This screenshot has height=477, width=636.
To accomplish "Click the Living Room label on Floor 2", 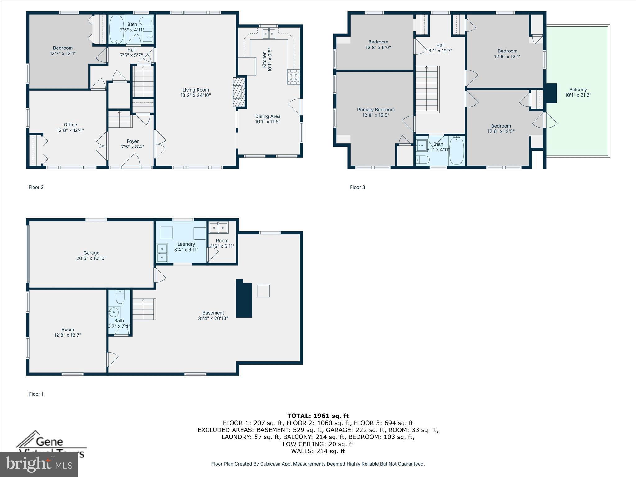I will (195, 90).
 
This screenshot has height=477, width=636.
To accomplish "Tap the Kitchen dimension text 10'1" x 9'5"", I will (270, 60).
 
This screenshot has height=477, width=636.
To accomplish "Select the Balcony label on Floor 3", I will (578, 89).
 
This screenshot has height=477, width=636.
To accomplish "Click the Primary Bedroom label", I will (376, 110).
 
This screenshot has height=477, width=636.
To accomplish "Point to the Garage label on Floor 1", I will (91, 253).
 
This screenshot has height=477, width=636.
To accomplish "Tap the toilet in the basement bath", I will (120, 297).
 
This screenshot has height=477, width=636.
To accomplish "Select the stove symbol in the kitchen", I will (293, 77).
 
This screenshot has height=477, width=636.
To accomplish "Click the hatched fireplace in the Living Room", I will (239, 92).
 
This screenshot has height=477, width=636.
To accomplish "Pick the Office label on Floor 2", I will (70, 125).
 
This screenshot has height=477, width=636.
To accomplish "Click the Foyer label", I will (133, 141).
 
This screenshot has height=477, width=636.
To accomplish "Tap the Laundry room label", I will (186, 244).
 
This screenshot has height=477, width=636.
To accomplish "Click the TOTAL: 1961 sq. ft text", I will (318, 416).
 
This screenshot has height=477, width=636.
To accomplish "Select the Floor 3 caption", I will (357, 187).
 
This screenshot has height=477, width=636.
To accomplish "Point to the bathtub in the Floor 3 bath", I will (457, 150).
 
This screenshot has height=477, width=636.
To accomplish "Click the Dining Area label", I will (268, 116).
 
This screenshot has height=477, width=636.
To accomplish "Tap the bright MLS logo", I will (39, 464).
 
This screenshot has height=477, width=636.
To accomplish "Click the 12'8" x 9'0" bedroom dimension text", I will (378, 48).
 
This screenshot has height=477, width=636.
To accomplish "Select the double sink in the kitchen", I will (269, 34).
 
